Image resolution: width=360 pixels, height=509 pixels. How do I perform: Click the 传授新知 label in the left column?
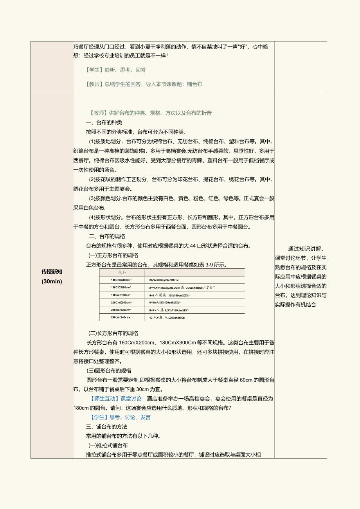pyautogui.click(x=52, y=272)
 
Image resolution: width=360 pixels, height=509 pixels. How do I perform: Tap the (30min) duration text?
pyautogui.click(x=52, y=281)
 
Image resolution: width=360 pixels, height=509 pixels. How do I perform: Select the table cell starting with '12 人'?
pyautogui.click(x=167, y=317)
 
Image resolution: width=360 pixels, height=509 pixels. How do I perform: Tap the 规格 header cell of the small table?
pyautogui.click(x=122, y=272)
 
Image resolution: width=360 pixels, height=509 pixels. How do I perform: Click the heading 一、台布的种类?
pyautogui.click(x=104, y=122)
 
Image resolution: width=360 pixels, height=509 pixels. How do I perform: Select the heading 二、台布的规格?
pyautogui.click(x=107, y=236)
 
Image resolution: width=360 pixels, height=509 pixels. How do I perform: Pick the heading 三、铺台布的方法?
pyautogui.click(x=106, y=426)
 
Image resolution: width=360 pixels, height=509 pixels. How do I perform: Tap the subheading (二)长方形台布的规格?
pyautogui.click(x=113, y=333)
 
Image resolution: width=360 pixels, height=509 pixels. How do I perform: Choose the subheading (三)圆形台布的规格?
pyautogui.click(x=109, y=371)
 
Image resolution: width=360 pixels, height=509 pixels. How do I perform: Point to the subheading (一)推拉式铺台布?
pyautogui.click(x=108, y=445)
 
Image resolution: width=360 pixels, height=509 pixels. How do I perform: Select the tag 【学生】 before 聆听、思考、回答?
pyautogui.click(x=93, y=70)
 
